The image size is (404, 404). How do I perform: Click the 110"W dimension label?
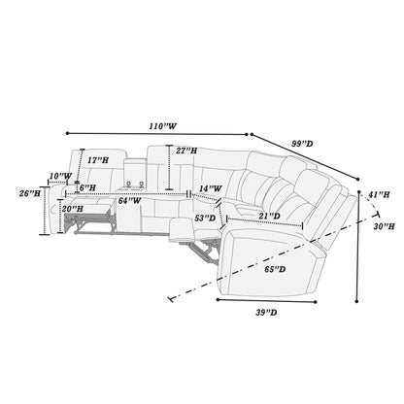tap(163, 126)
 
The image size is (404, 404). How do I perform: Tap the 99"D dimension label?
tap(302, 144)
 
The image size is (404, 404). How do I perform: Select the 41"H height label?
tap(379, 194)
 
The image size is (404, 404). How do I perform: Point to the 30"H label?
tap(384, 226)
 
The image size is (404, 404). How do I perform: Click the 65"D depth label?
tap(275, 269)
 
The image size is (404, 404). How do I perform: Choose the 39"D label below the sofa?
tap(266, 313)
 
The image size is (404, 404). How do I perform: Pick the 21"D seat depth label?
tap(270, 216)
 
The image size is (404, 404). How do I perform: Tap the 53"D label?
tap(205, 219)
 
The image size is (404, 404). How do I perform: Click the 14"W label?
tap(211, 188)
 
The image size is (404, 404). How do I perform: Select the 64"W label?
tap(129, 201)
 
